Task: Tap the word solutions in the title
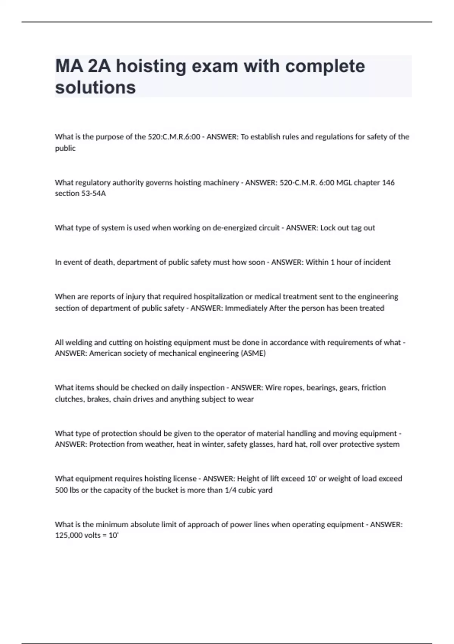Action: coord(95,88)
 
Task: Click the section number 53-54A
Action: coord(92,194)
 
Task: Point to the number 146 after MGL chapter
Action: coord(388,183)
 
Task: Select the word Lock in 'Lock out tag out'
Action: coord(328,228)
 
